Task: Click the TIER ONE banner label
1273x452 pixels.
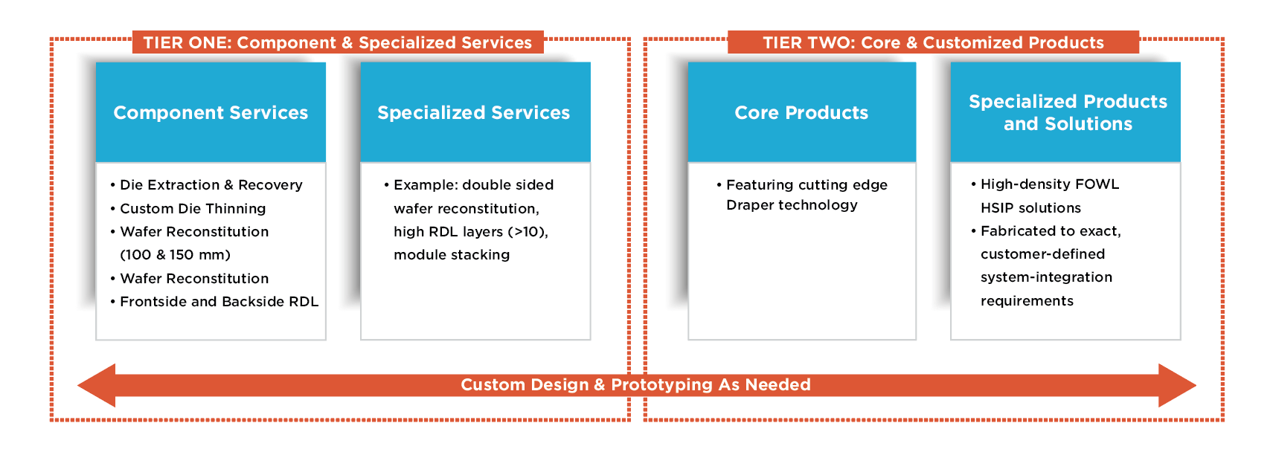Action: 338,42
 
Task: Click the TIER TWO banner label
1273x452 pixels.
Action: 933,42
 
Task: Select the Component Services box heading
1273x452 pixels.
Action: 211,112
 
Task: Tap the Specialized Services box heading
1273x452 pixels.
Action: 474,112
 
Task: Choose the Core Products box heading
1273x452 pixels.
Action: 801,112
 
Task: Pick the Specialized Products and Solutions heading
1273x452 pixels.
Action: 1068,112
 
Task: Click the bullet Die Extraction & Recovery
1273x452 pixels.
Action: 211,185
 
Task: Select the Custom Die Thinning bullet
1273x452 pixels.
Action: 193,208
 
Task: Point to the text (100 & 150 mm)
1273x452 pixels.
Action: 175,255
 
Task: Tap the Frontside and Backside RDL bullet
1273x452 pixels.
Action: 219,302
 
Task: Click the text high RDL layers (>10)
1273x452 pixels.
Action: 470,232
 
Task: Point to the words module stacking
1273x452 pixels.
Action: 452,255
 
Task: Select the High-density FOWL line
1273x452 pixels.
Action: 1050,184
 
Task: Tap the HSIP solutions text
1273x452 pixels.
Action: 1031,208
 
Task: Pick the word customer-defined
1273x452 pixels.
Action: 1043,254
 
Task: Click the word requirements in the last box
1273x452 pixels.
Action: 1027,301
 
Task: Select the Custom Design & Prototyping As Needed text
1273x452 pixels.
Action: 635,385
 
